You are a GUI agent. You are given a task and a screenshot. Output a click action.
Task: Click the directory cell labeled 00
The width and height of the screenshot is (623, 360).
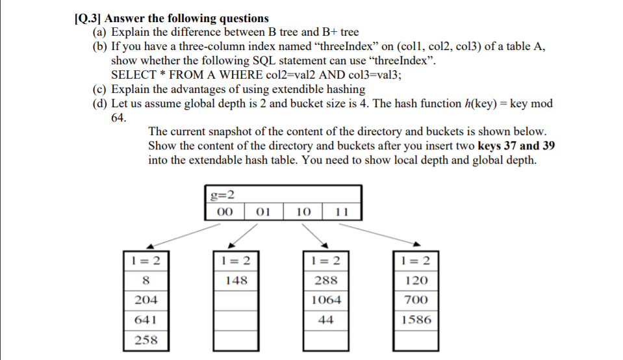(x=224, y=212)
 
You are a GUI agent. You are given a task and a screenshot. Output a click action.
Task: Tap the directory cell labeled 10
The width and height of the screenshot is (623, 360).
(x=303, y=212)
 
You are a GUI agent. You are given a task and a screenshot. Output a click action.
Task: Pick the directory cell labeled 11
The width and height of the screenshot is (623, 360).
(x=343, y=212)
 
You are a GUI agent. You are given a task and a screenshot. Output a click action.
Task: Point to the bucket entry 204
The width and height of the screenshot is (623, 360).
(x=146, y=300)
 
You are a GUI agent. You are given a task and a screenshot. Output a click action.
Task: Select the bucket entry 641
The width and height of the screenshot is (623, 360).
(x=146, y=320)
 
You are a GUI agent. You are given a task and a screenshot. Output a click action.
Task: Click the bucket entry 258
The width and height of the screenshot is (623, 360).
(x=146, y=339)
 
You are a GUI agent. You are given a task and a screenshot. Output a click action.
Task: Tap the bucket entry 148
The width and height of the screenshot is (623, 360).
(x=236, y=281)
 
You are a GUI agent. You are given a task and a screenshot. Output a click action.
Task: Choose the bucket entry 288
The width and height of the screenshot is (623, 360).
(x=325, y=281)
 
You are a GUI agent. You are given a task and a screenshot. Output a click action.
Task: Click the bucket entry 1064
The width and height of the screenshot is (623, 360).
(x=325, y=300)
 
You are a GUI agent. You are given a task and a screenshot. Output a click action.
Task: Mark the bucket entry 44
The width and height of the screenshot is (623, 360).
(x=325, y=320)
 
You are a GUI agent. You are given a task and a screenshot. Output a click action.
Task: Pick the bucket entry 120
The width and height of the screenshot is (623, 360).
(x=416, y=281)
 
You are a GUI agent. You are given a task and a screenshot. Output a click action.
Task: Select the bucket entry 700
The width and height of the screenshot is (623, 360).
(x=416, y=300)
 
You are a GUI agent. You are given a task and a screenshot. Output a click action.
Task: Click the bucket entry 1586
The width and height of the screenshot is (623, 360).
(x=416, y=320)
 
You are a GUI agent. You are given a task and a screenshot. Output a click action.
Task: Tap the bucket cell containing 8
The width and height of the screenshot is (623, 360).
(x=146, y=281)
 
